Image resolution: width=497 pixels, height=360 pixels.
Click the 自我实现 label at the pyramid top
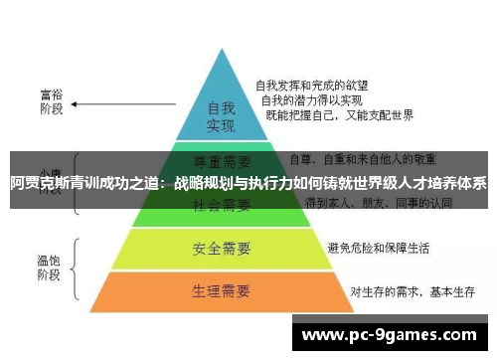coord(220,116)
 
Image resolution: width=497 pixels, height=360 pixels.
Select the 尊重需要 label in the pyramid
coord(220,159)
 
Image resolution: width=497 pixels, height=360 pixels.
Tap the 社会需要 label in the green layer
coord(220,205)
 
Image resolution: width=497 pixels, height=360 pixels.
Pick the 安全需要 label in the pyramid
coord(220,246)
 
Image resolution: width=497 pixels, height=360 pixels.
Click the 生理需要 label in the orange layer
coord(220,291)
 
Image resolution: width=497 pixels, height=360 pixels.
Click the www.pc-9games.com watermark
coord(396,336)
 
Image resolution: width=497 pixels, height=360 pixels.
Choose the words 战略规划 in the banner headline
coord(205,183)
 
